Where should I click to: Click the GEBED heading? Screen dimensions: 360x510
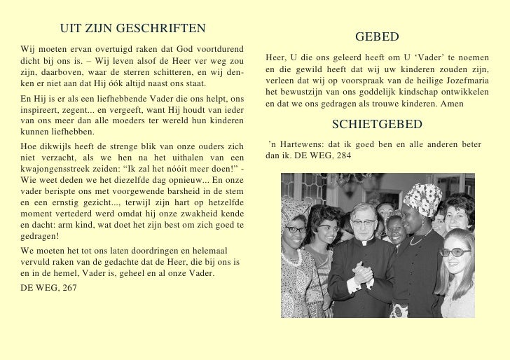pos(377,36)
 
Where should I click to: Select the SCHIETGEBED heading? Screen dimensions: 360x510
pos(377,125)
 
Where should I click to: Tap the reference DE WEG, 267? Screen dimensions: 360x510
pos(48,287)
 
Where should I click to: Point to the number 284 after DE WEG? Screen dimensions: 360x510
pos(347,155)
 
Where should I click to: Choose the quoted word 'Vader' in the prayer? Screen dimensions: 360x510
pos(434,57)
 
